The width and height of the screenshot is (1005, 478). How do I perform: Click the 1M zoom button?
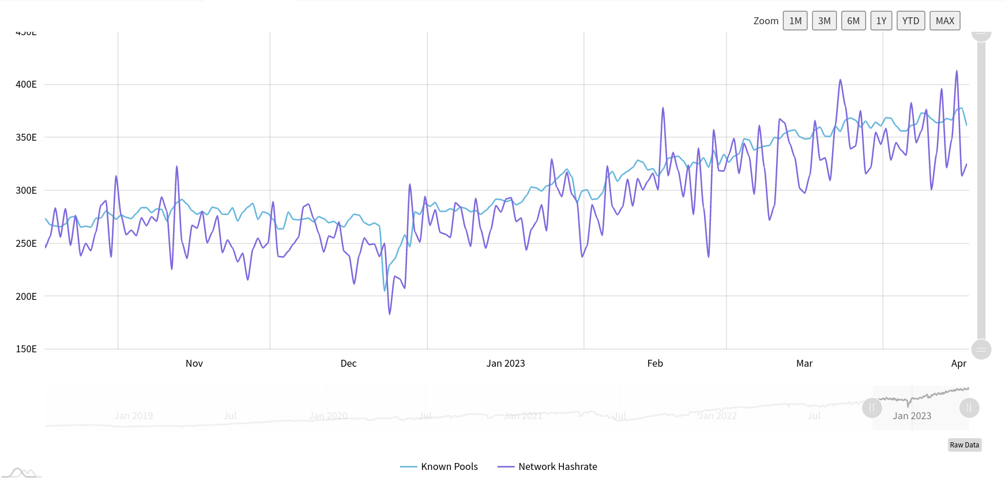click(x=795, y=21)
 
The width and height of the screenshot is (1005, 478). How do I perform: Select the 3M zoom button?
click(x=824, y=21)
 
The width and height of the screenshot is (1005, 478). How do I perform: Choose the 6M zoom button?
click(x=853, y=21)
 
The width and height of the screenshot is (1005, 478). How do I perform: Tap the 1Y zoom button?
click(x=881, y=21)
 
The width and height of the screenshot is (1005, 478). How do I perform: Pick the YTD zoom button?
click(x=910, y=21)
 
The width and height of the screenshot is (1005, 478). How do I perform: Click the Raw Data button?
click(x=964, y=445)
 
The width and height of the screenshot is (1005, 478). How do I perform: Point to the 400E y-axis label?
click(x=26, y=84)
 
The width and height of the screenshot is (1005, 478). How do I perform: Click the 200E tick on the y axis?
click(x=26, y=296)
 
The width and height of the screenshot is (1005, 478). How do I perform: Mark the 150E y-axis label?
click(x=26, y=349)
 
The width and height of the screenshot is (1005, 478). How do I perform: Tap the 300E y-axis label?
click(x=26, y=190)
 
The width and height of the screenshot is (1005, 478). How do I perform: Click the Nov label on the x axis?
click(x=194, y=363)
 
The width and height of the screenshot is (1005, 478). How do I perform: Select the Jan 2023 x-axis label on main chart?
click(x=505, y=363)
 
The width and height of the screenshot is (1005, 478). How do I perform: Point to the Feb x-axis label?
click(x=655, y=363)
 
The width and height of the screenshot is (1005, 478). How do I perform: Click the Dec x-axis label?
click(x=348, y=363)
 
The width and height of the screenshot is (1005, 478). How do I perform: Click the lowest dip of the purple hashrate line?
click(x=390, y=314)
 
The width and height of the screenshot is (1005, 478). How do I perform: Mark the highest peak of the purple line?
click(x=957, y=71)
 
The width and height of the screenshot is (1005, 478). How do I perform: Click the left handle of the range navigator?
click(x=872, y=408)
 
